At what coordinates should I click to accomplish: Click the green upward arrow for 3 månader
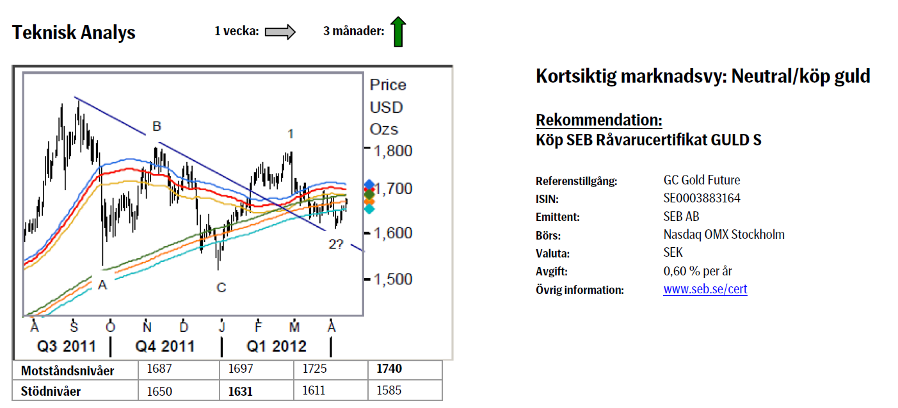point(397,31)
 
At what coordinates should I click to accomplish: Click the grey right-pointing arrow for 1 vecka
point(280,31)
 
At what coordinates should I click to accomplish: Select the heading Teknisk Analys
point(74,33)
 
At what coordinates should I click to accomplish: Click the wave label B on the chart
point(156,127)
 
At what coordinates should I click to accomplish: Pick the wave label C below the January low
point(221,288)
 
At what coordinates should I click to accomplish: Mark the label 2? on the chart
point(336,243)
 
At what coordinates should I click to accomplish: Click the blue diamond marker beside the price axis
point(369,185)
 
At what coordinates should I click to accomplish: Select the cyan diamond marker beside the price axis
point(369,209)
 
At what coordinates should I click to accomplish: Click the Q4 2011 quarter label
point(165,347)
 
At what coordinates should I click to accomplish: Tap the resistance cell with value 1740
point(390,370)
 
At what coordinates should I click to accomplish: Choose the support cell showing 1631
point(240,391)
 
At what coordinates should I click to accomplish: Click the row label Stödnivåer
point(51,391)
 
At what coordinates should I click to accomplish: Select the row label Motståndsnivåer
point(67,370)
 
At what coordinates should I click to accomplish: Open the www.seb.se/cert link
point(705,290)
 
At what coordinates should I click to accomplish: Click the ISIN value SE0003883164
point(702,199)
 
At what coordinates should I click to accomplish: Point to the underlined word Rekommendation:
point(598,120)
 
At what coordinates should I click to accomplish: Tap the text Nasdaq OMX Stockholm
point(724,234)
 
